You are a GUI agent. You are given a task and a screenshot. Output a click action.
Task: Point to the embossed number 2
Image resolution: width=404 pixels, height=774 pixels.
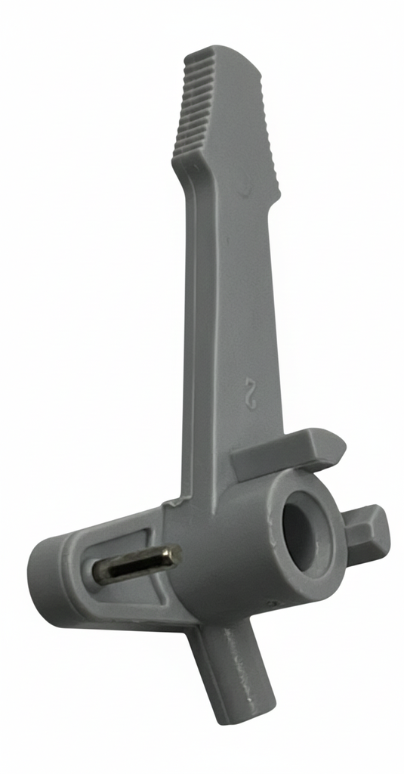(250, 394)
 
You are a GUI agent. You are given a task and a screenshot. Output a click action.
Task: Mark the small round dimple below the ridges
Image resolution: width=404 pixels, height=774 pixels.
(242, 193)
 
